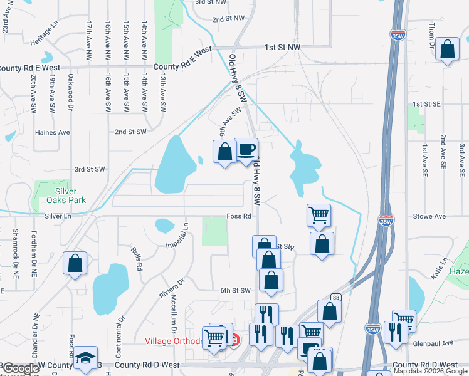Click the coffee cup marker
pyautogui.click(x=246, y=150)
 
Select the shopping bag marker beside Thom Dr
pyautogui.click(x=448, y=50)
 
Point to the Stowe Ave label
pyautogui.click(x=429, y=216)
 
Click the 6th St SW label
pyautogui.click(x=235, y=290)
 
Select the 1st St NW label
pyautogui.click(x=282, y=47)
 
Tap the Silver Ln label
pyautogui.click(x=58, y=216)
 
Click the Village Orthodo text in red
pyautogui.click(x=174, y=341)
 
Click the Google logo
pyautogui.click(x=21, y=368)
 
